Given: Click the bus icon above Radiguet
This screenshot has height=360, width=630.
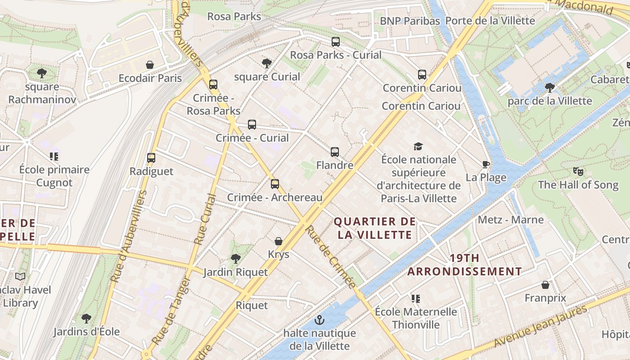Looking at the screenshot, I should click(x=151, y=157).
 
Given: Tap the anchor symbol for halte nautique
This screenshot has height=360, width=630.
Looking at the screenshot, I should click(x=319, y=320).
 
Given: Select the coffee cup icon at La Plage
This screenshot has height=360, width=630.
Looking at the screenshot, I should click(x=486, y=164).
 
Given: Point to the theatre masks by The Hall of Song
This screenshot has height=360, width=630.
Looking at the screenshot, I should click(x=578, y=171).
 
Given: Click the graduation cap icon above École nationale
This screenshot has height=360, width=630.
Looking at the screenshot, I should click(x=418, y=146).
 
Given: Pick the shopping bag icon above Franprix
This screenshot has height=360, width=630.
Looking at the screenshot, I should click(x=545, y=285).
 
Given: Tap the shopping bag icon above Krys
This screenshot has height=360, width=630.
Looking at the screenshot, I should click(x=279, y=241).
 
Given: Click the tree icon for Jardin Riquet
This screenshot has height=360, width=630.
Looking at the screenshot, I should click(x=235, y=258).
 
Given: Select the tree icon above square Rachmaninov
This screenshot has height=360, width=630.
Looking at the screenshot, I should click(x=42, y=73).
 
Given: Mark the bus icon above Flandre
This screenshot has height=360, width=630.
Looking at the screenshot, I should click(x=335, y=152).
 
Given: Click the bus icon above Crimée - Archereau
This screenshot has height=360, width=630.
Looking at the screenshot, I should click(x=275, y=184).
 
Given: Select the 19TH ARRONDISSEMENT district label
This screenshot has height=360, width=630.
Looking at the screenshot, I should click(x=464, y=265).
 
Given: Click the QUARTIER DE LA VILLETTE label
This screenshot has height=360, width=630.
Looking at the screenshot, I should click(x=374, y=228).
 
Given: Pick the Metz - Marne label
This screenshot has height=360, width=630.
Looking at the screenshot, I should click(x=511, y=220).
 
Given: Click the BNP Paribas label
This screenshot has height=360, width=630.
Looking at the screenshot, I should click(x=409, y=21).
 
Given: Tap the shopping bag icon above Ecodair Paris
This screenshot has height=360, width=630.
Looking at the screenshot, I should click(x=150, y=65).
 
